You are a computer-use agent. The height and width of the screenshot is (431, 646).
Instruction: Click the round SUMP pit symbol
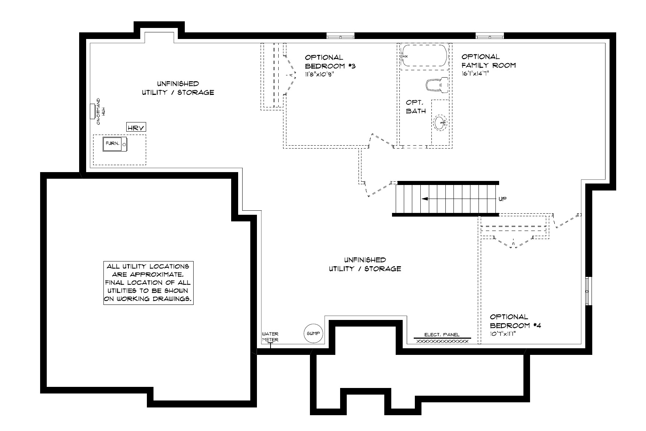tap(313, 334)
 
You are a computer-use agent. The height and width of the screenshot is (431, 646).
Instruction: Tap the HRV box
tap(136, 128)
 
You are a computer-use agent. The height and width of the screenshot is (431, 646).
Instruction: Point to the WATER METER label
tap(270, 337)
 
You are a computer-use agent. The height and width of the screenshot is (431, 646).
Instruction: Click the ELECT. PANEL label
tap(442, 335)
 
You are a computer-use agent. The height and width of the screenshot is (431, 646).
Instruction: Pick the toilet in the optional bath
tap(437, 85)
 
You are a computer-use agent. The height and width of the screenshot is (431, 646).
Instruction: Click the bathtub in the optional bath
tap(424, 56)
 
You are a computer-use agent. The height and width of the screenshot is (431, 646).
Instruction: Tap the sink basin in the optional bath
tap(440, 123)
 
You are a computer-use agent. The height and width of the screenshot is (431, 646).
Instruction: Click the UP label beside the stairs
tap(502, 199)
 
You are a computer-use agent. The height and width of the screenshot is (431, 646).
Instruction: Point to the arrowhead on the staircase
tap(425, 199)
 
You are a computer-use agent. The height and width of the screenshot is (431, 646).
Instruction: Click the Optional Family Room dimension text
tap(475, 74)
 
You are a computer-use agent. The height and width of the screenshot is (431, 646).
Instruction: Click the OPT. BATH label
tap(416, 107)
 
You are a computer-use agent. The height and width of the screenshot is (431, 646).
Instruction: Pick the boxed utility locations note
tap(148, 283)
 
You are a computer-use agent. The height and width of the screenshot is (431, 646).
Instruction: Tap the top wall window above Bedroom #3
tap(340, 36)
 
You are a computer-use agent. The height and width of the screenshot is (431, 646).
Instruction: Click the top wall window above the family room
tap(490, 36)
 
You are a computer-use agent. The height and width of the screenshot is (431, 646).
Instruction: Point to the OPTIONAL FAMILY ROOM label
tap(489, 61)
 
